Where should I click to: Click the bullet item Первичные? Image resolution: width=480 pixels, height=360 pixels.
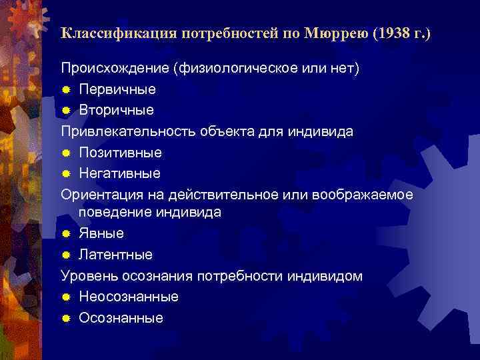tap(117, 89)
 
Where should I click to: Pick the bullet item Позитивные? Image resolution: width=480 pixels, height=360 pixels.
tap(120, 153)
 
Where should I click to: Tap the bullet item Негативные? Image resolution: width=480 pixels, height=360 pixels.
tap(119, 173)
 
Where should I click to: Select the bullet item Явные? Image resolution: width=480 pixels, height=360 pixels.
tap(101, 233)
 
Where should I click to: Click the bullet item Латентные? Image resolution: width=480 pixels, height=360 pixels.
tap(115, 255)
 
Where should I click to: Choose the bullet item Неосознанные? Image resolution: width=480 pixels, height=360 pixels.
tap(129, 297)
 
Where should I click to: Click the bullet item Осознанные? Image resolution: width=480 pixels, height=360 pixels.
tap(121, 318)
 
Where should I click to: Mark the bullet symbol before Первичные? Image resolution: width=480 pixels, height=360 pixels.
tap(66, 89)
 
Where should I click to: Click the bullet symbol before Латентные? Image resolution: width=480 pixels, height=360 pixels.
tap(66, 255)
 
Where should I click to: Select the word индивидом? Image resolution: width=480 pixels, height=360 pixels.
tap(329, 276)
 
